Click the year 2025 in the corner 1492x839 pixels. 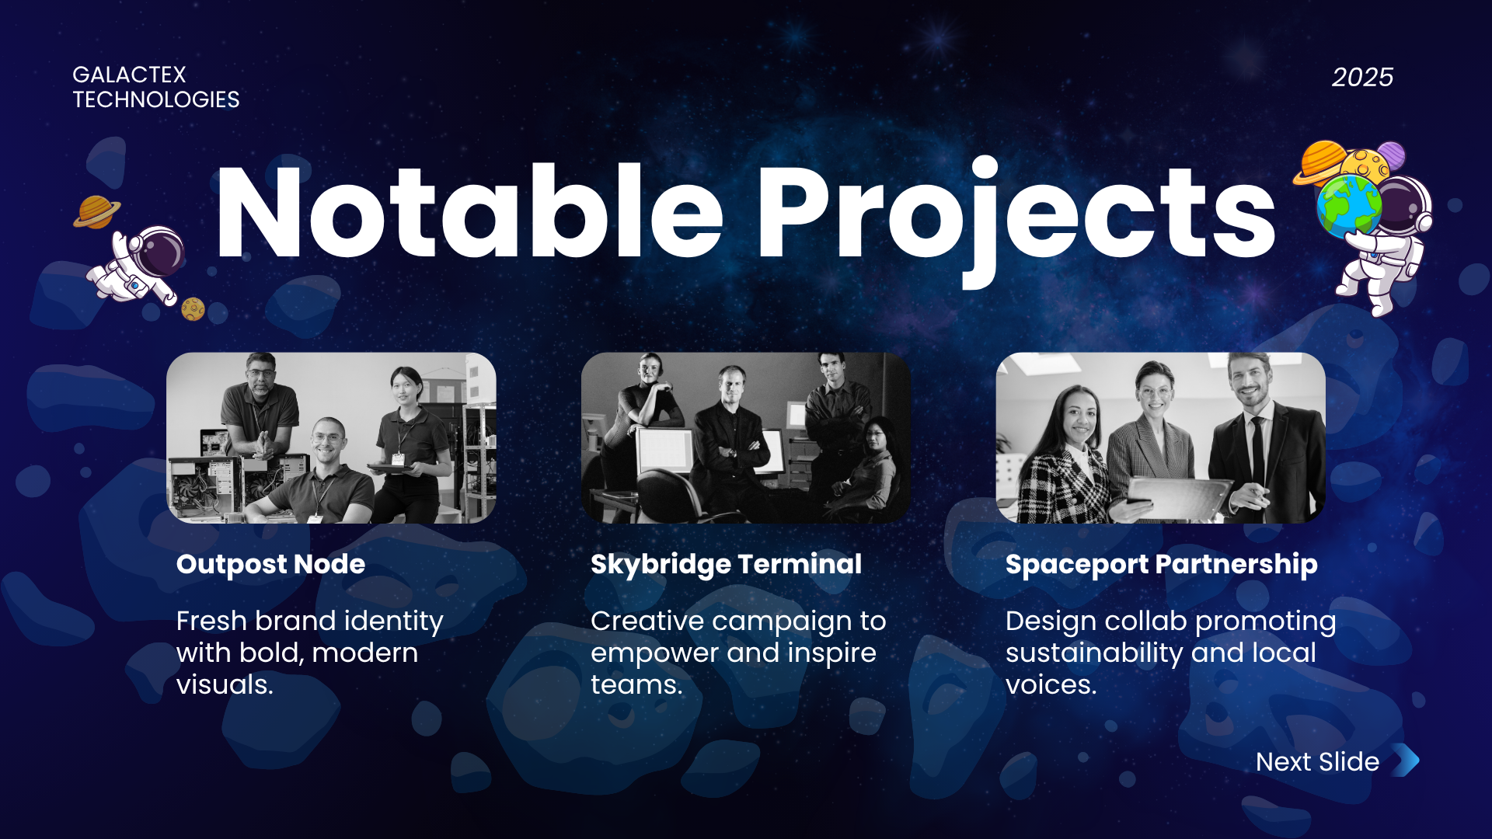1362,77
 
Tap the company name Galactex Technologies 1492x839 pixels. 156,87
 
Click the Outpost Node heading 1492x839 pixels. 270,564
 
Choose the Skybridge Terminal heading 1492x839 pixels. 726,565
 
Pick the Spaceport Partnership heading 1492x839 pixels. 1161,565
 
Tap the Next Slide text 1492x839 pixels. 1317,761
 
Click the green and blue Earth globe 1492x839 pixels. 1349,206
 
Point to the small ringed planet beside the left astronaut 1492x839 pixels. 97,211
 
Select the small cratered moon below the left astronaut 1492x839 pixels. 193,309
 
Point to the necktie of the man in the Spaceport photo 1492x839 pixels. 1257,451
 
